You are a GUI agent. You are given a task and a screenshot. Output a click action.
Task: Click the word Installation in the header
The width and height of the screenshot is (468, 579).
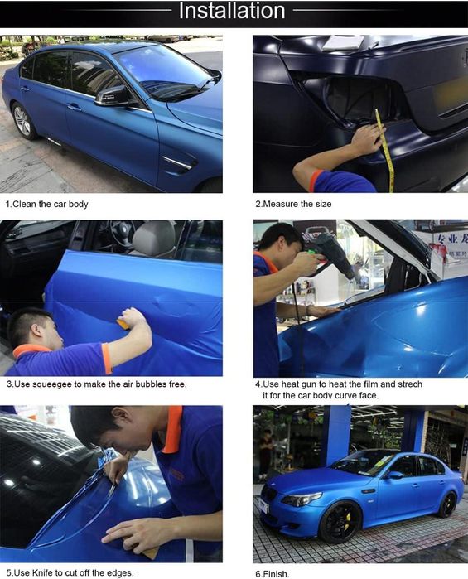[232, 11]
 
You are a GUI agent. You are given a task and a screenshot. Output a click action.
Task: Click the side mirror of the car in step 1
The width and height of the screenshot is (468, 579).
[113, 96]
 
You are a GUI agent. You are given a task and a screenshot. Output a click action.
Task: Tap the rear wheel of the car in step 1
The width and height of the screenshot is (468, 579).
[22, 121]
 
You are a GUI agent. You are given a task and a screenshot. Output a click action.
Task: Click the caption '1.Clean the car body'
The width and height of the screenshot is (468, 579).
[47, 205]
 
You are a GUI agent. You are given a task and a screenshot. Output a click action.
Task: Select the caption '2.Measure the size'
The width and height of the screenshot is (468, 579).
[294, 204]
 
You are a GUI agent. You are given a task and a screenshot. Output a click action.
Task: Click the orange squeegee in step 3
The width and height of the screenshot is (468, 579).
[123, 324]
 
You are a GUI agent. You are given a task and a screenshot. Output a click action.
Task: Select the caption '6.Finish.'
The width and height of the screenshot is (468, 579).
[273, 574]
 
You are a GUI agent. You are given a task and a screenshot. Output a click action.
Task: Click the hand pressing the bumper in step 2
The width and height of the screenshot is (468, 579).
[366, 139]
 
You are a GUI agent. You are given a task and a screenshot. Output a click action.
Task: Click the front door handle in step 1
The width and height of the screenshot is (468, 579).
[74, 107]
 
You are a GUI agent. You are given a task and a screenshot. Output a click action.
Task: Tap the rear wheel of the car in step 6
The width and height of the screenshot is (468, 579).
[446, 504]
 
